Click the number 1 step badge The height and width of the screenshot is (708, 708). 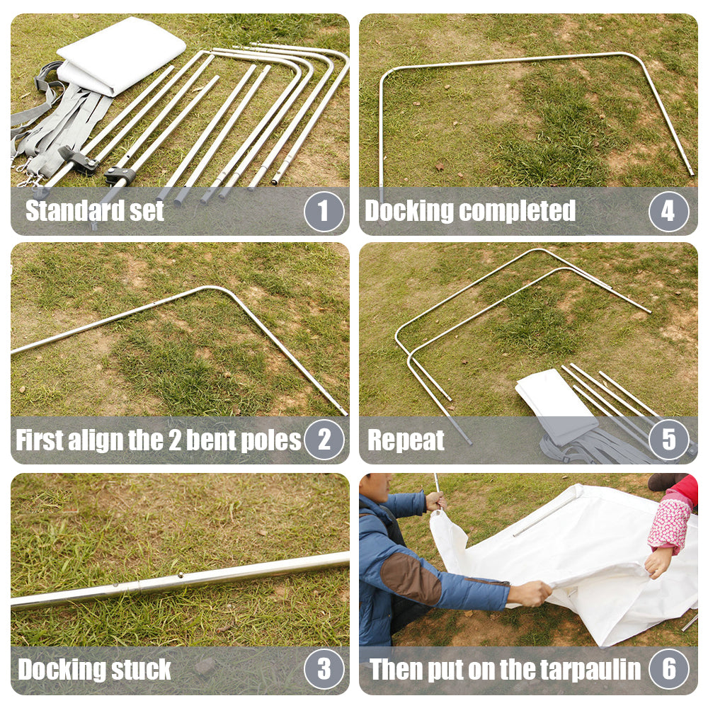click(324, 211)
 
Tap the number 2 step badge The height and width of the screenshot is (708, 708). click(324, 440)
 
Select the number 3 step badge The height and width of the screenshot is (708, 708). click(324, 669)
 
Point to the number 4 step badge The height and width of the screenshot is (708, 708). click(669, 211)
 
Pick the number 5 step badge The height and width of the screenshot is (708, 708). click(669, 440)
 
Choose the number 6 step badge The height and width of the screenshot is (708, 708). click(669, 669)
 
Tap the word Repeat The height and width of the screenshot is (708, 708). click(406, 440)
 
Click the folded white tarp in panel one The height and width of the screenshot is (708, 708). click(121, 55)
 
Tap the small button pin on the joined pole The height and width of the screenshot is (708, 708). click(180, 575)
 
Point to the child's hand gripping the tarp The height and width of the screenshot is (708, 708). click(658, 561)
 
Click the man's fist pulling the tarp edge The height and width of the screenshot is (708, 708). click(535, 593)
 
